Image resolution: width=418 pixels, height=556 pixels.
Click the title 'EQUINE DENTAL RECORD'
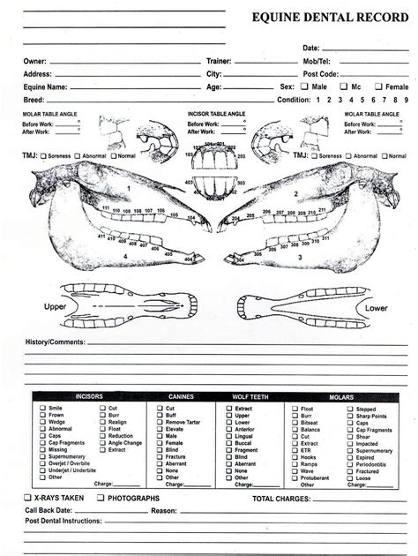[330, 18]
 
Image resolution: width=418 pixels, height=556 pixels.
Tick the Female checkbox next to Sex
[379, 87]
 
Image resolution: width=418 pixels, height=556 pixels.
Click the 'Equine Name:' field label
[46, 87]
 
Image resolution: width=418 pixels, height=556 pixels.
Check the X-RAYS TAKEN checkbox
[28, 499]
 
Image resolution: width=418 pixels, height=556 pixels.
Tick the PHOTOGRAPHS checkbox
[100, 499]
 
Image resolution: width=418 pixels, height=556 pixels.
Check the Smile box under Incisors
[42, 409]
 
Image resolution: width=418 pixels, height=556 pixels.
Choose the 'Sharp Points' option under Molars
[350, 416]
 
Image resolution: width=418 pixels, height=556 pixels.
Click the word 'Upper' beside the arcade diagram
[56, 306]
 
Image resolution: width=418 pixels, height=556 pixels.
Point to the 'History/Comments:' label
[55, 342]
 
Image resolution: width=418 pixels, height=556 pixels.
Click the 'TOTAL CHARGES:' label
[281, 499]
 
